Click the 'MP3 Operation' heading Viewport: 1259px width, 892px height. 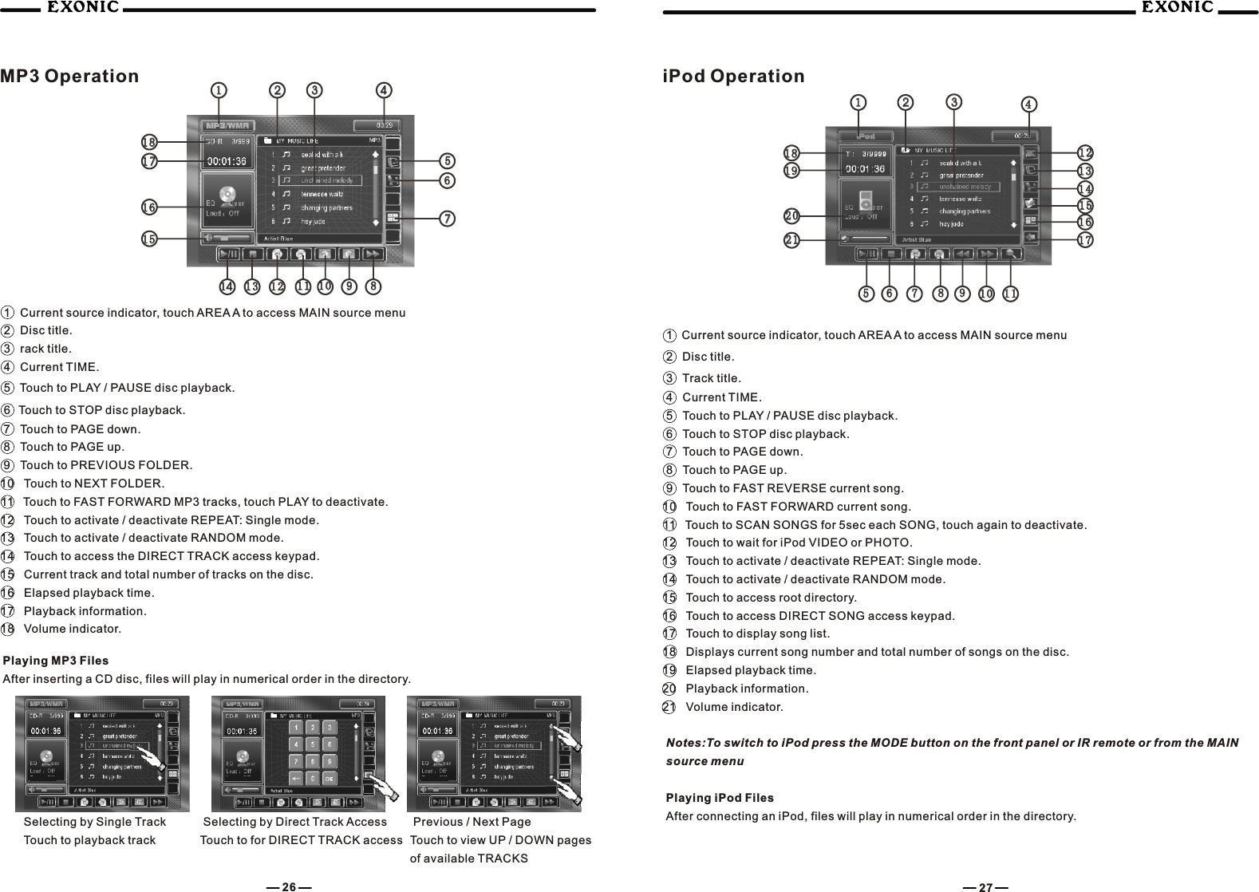(69, 77)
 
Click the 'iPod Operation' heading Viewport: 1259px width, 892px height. (734, 77)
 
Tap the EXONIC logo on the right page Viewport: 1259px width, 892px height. (1177, 8)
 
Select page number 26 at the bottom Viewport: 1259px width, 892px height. (289, 886)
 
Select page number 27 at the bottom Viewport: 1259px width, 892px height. (985, 886)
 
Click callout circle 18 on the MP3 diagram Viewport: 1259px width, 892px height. (148, 143)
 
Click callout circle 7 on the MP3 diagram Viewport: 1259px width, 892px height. (448, 219)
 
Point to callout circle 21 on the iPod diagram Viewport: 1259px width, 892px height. (791, 239)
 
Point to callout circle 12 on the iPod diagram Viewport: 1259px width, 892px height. (1085, 152)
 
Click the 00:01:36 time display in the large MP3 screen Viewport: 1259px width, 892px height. (227, 161)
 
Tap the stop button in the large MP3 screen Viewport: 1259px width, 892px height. (252, 255)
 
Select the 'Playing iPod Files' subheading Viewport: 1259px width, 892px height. (719, 798)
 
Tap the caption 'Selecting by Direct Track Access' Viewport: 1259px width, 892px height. (295, 822)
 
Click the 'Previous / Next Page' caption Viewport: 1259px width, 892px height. (472, 822)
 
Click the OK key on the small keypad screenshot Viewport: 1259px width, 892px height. (329, 778)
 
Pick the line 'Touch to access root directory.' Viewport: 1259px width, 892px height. (771, 598)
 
